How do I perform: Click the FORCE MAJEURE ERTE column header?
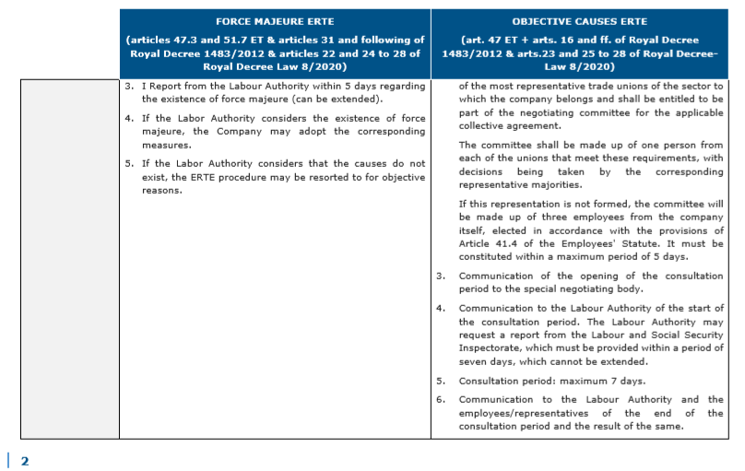tap(274, 20)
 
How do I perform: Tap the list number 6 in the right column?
tap(441, 400)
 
